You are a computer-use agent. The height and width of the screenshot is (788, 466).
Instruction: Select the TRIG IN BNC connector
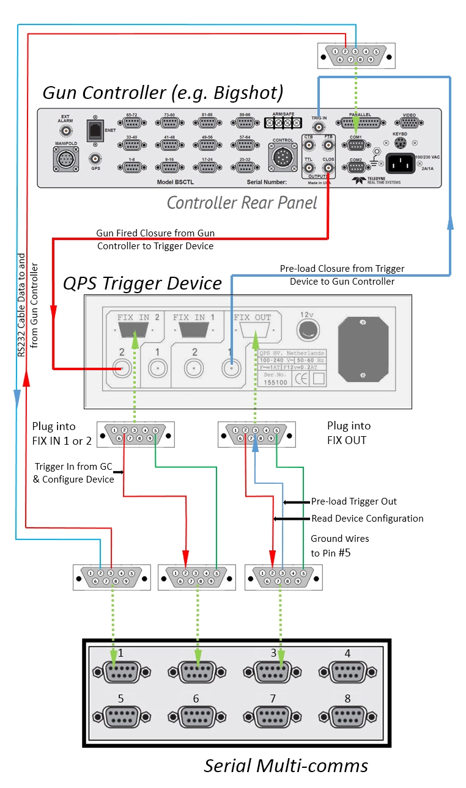319,128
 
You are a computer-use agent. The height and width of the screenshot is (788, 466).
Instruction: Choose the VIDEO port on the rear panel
410,123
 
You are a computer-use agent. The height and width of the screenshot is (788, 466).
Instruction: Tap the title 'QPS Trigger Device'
142,283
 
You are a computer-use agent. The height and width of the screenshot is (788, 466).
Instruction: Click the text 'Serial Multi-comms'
286,765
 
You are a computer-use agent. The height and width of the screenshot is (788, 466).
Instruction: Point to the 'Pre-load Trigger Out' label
353,502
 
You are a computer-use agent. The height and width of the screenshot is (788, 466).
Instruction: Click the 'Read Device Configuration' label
367,519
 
